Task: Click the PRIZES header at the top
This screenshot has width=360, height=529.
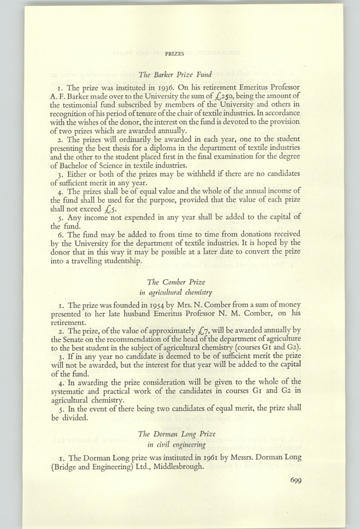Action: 176,53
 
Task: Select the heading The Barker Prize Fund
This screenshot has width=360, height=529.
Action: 176,75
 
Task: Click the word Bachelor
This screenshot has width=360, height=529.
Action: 84,163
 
